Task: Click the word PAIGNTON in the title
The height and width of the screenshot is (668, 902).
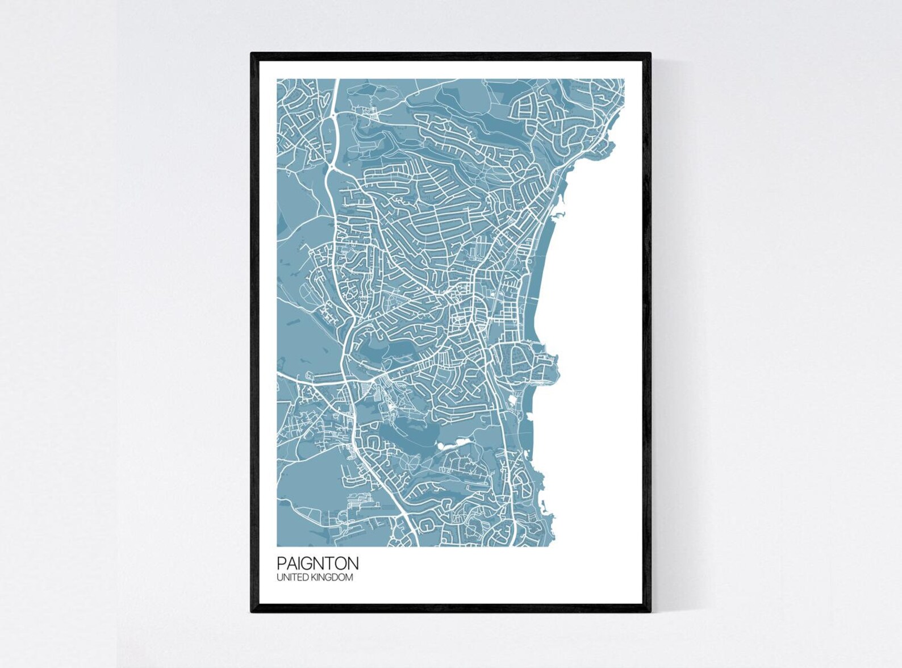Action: tap(318, 563)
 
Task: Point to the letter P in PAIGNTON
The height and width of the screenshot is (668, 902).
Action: tap(281, 563)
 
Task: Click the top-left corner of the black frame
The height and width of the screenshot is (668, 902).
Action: tap(252, 54)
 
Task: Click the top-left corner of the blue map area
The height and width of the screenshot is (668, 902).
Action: tap(278, 80)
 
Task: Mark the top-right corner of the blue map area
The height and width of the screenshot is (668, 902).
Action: tap(624, 80)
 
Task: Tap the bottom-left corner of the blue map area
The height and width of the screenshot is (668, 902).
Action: tap(278, 546)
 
